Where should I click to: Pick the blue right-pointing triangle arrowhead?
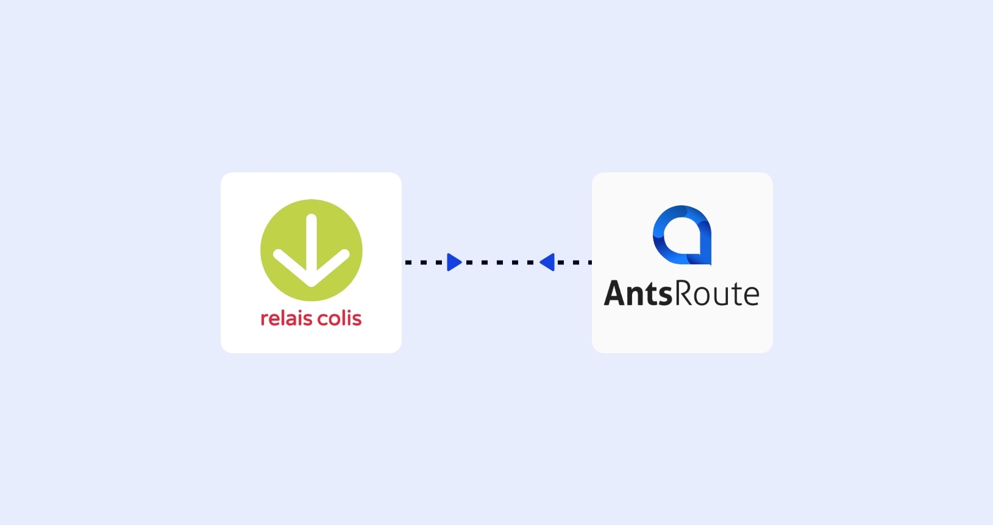click(454, 262)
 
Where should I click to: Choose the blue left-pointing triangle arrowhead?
click(547, 262)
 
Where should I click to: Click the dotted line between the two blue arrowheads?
click(500, 262)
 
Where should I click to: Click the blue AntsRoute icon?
click(682, 235)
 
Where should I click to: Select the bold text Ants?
click(638, 294)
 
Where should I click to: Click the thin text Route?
click(716, 294)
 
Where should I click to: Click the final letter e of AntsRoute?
click(751, 296)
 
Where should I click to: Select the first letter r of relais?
click(265, 320)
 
